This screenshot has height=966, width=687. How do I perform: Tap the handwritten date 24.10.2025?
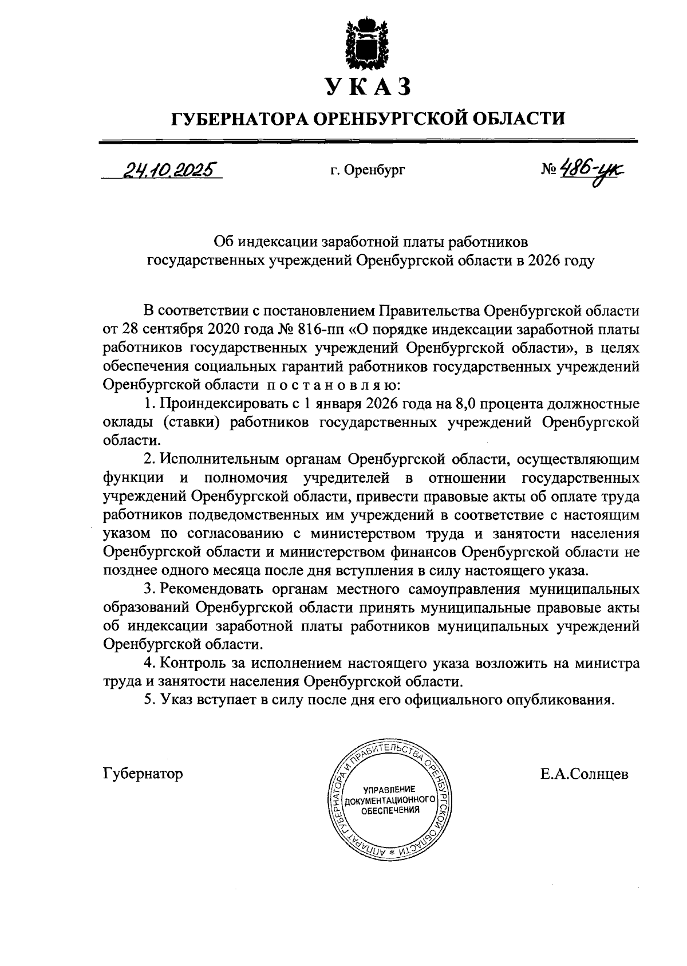[165, 169]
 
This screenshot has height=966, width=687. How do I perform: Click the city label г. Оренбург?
[368, 170]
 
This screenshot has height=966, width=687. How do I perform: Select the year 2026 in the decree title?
[543, 261]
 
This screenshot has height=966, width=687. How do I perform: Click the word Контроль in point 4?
[191, 663]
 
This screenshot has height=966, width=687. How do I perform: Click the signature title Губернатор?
[143, 774]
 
